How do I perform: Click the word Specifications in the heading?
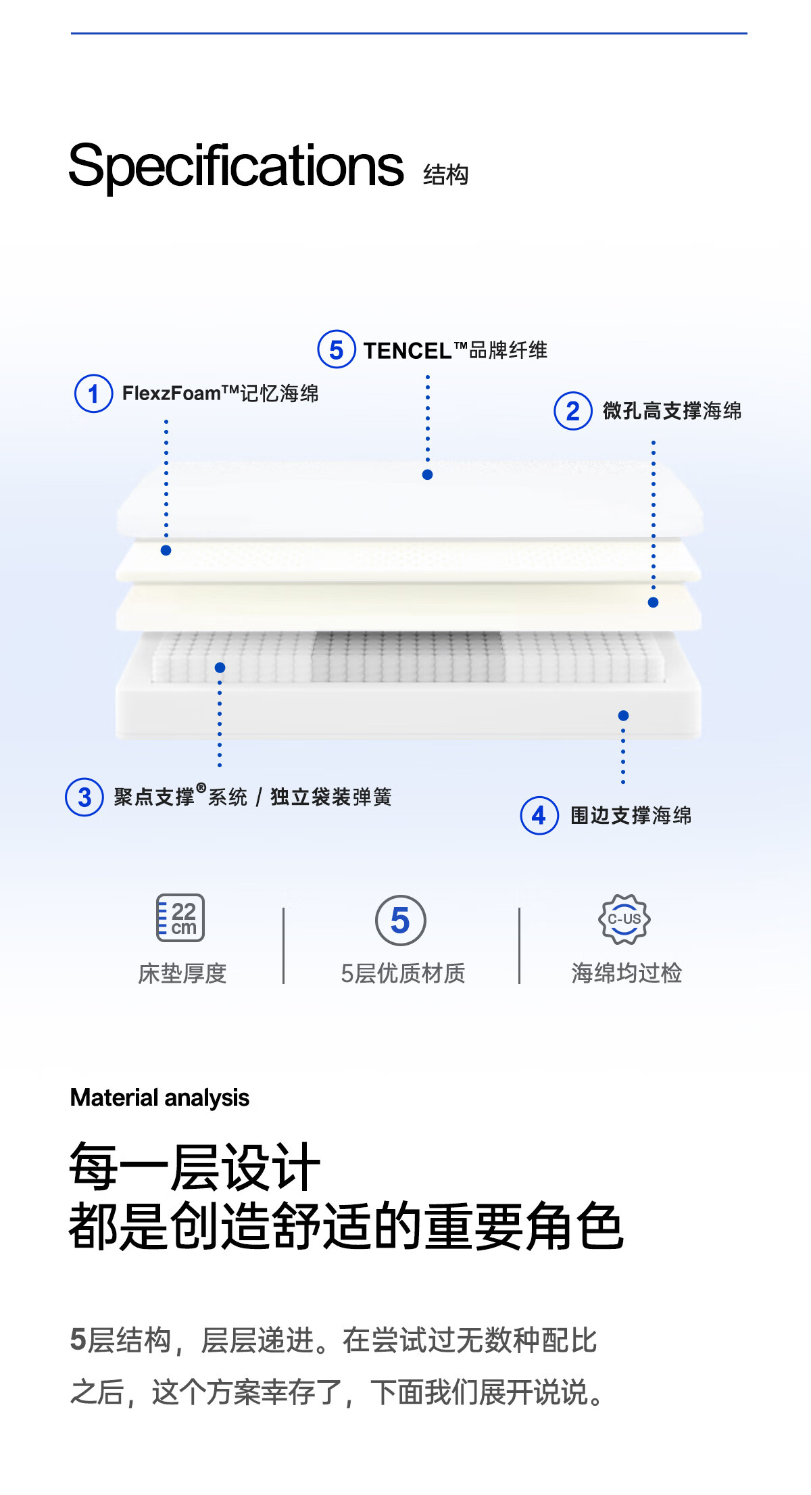236,166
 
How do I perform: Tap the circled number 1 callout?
93,393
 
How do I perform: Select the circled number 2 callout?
573,411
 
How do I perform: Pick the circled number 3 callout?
84,798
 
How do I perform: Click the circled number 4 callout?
539,816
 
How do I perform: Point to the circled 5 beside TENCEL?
336,349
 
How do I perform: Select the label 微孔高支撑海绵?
672,411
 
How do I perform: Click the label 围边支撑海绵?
631,816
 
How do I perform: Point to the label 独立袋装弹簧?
331,798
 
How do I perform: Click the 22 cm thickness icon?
180,918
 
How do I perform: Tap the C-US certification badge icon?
624,919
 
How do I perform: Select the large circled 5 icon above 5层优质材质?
401,921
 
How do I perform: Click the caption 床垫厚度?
182,973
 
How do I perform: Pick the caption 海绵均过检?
626,973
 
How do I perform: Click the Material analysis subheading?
159,1098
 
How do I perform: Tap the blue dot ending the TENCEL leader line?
427,474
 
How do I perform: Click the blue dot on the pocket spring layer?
220,668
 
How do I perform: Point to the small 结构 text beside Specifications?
445,175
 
